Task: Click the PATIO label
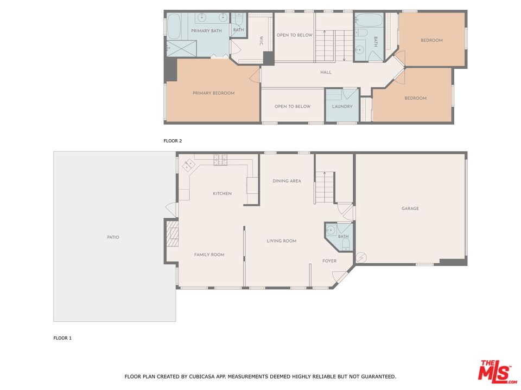click(x=113, y=237)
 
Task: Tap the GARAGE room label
click(x=410, y=209)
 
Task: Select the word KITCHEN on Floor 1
click(x=222, y=193)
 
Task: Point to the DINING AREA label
click(x=287, y=181)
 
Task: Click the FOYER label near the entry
click(x=329, y=261)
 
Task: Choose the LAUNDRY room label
click(x=342, y=107)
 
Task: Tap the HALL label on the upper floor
click(x=326, y=72)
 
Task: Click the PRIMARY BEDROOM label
click(x=213, y=93)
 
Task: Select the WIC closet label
click(x=261, y=41)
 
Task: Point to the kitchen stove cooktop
click(x=220, y=160)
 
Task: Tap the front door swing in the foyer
click(x=340, y=277)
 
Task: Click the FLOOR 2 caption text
click(x=173, y=141)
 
